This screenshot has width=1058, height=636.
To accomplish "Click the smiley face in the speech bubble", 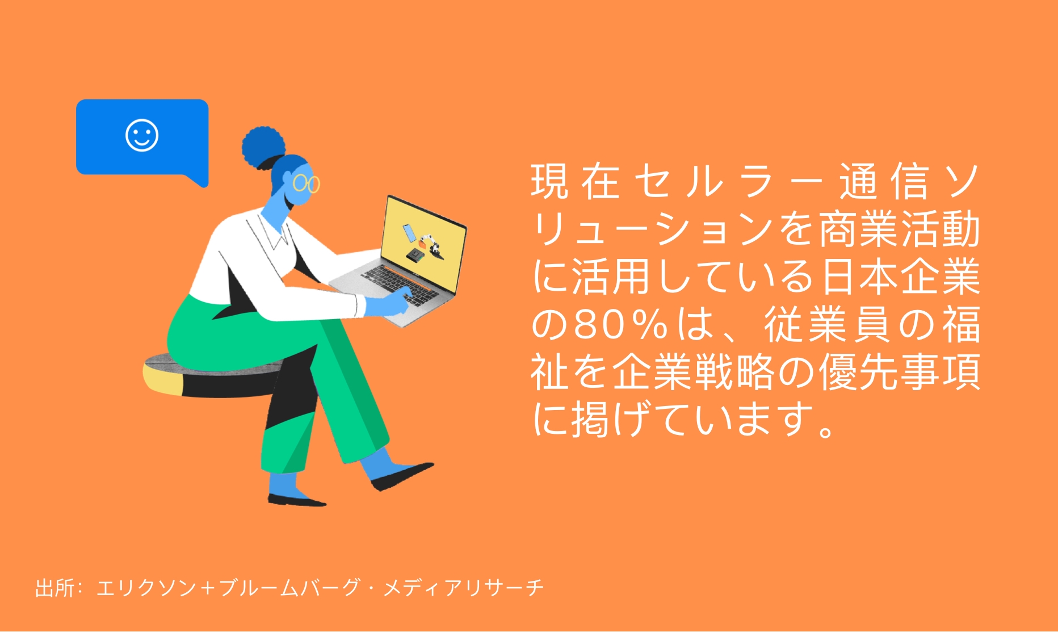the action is point(142,135).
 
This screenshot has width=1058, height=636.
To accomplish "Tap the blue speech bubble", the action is point(142,139).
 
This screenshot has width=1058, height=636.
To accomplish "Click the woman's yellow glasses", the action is point(306,183).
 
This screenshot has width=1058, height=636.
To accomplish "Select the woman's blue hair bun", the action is point(263,147).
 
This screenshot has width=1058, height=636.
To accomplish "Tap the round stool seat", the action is point(213,375).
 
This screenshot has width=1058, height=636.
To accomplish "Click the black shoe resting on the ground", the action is point(297,500).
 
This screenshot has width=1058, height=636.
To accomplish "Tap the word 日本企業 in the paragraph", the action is point(901,277).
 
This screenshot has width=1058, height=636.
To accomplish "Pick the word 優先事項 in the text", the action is point(899,373).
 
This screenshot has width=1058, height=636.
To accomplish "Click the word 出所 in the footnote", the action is point(54,588).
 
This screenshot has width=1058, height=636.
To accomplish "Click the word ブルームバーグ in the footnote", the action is point(289,588).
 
